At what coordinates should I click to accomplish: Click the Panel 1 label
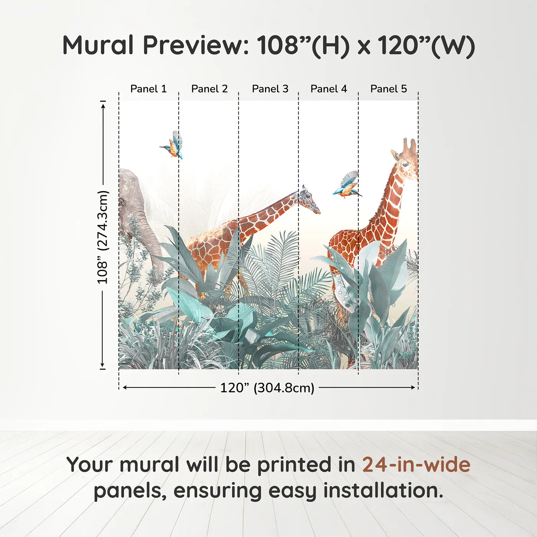[x=148, y=89]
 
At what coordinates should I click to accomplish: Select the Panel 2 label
[x=209, y=89]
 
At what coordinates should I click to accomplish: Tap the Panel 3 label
[x=270, y=89]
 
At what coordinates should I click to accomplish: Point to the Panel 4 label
[x=329, y=89]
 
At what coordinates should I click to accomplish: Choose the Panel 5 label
[x=389, y=89]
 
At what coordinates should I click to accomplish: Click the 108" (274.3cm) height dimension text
[x=102, y=237]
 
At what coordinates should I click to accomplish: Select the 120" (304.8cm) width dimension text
[x=267, y=388]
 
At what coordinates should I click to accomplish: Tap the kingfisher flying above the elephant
[x=172, y=145]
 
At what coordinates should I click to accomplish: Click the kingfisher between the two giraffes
[x=347, y=185]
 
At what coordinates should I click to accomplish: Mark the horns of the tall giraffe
[x=409, y=145]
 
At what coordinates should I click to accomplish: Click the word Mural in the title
[x=98, y=45]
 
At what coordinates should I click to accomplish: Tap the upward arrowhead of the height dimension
[x=103, y=106]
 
